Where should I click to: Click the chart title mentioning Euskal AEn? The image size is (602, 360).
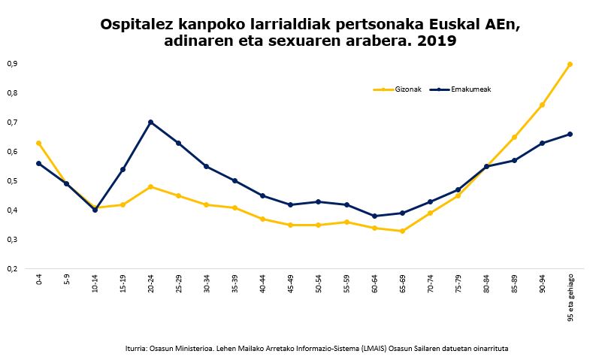point(309,32)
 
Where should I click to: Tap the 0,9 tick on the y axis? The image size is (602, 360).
point(11,64)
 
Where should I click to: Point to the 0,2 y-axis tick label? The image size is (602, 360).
point(11,268)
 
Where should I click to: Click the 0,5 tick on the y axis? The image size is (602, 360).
point(11,181)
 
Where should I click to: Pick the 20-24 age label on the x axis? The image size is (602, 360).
point(151,282)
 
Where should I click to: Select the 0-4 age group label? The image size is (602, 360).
point(39,280)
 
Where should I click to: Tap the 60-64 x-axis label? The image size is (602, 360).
point(375,282)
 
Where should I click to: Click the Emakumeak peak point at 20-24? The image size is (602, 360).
point(151,122)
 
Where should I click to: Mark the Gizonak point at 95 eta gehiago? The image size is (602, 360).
point(570,64)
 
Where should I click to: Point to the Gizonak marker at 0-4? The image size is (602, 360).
point(38,143)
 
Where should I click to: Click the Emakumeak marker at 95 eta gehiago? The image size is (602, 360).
point(570,134)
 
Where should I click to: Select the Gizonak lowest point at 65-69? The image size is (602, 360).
point(402,231)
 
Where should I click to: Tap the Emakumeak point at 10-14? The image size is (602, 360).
point(95,210)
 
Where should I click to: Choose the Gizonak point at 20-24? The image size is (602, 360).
point(151,186)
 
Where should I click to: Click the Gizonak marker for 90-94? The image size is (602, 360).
point(542,104)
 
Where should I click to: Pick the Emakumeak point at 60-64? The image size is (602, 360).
point(374,216)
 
